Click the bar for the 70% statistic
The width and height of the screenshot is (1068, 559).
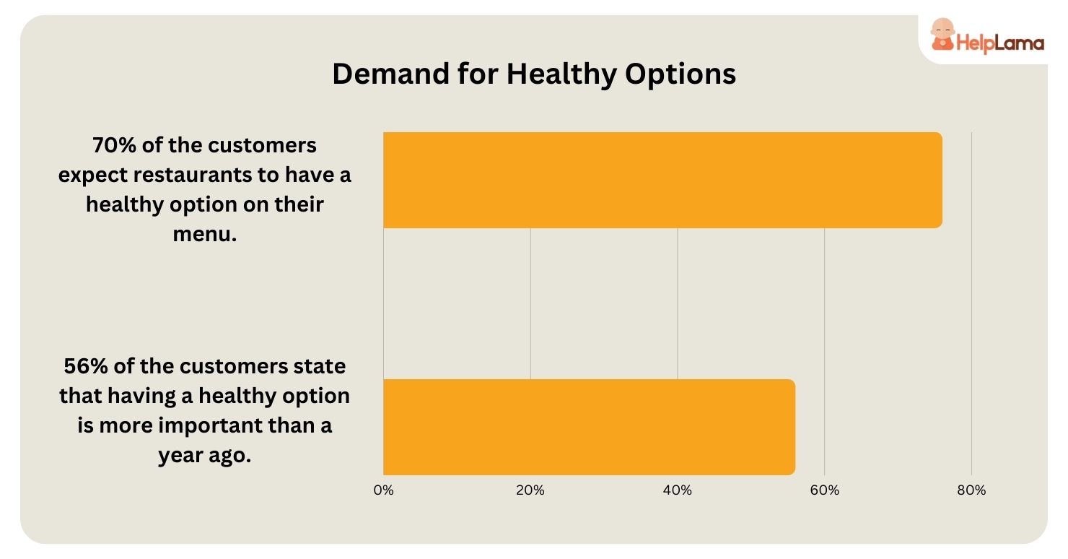[662, 180]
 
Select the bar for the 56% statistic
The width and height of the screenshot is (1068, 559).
[589, 427]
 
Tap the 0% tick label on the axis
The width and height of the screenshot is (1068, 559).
[383, 490]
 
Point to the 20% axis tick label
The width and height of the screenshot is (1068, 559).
[530, 490]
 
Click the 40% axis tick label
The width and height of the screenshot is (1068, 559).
[678, 490]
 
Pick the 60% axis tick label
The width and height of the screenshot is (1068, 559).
[825, 490]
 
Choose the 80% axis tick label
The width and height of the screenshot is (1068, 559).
[971, 490]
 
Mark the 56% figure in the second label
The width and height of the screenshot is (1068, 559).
[84, 366]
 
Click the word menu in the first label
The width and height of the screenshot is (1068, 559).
[202, 234]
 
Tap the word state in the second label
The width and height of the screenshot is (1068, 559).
[320, 366]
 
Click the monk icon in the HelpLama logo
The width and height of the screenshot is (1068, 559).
[941, 35]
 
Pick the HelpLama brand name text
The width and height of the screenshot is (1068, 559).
[1000, 43]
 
